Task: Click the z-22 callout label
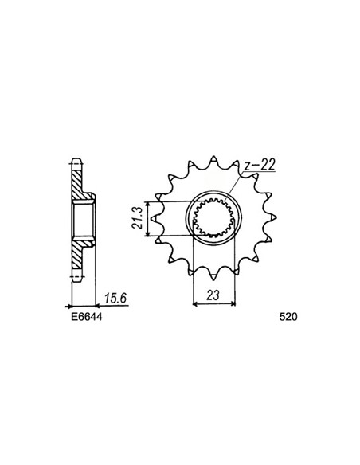[260, 165]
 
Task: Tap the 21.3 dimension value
[137, 218]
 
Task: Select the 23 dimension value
[213, 295]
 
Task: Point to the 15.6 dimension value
[115, 298]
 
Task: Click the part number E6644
[86, 317]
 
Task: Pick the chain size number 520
[288, 317]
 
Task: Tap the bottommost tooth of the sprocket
[213, 275]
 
